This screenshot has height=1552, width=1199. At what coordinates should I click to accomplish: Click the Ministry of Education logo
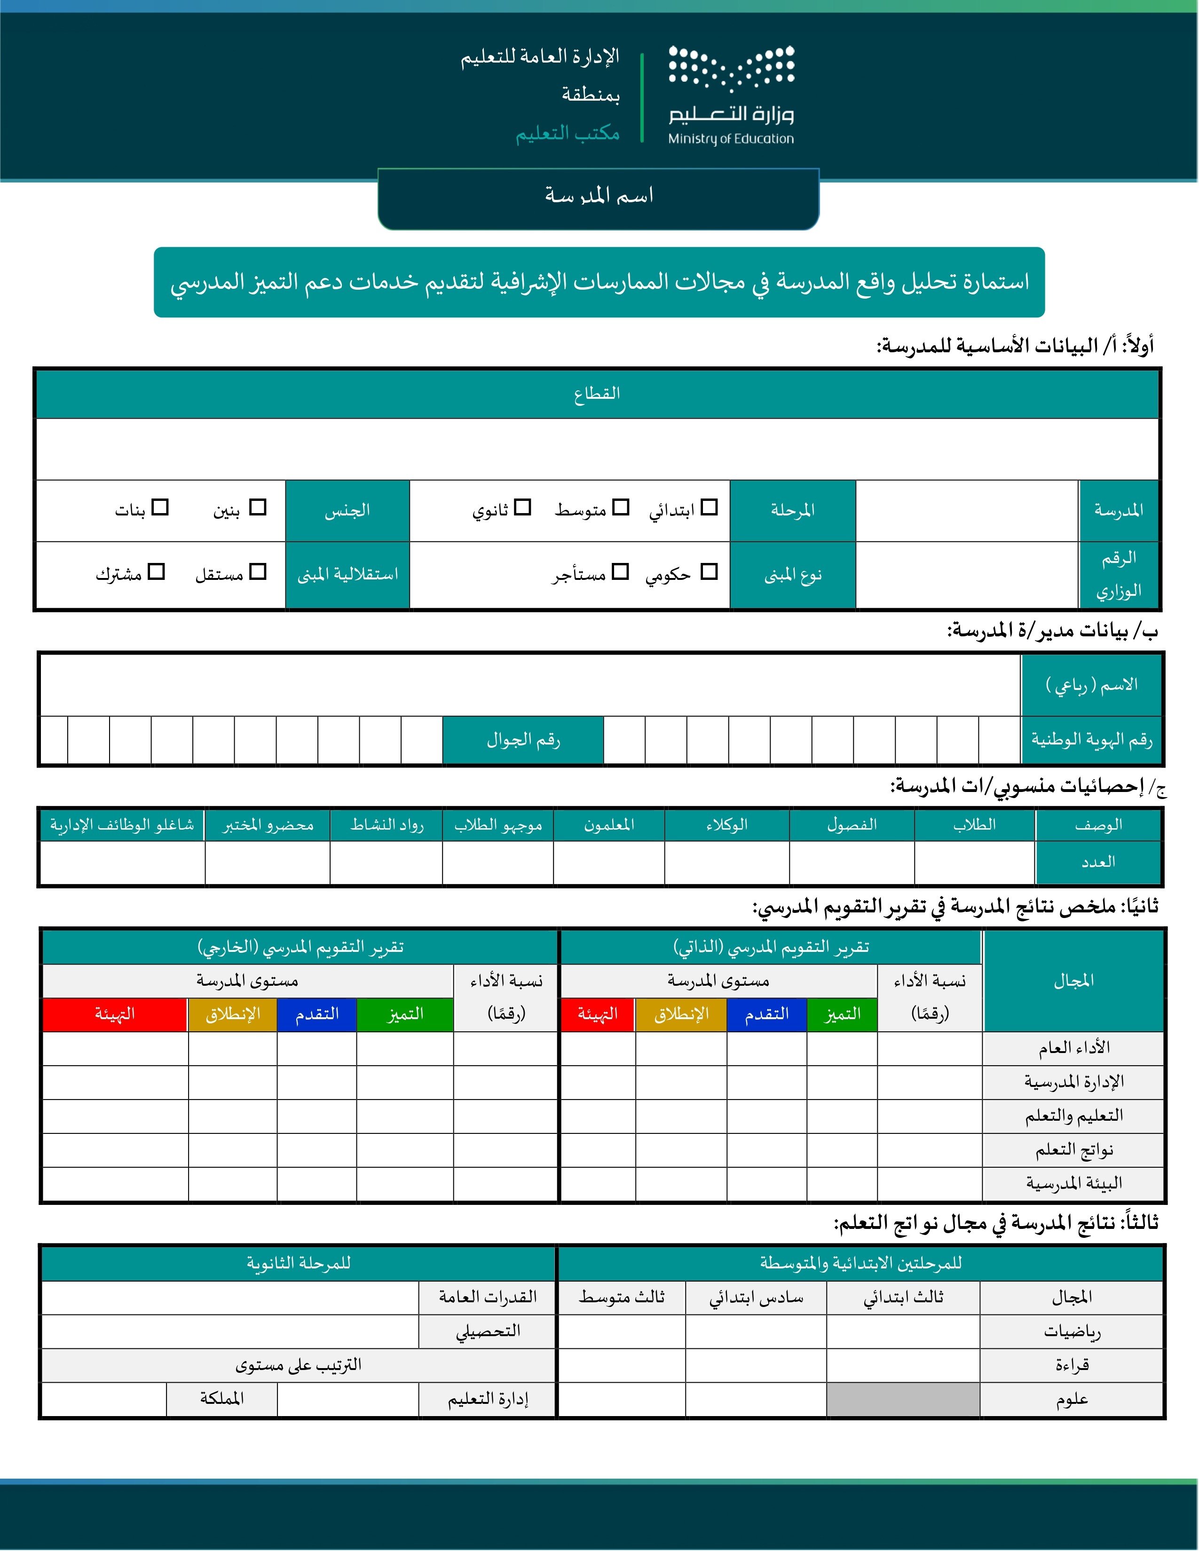pos(731,95)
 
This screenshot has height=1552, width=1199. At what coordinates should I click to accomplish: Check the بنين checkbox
pos(258,507)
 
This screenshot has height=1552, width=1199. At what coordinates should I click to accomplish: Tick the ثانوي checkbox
pos(523,507)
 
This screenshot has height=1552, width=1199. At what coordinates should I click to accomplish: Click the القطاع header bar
pos(597,394)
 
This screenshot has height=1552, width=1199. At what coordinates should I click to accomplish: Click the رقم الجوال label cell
pos(523,740)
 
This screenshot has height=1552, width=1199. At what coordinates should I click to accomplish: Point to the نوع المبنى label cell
pos(793,575)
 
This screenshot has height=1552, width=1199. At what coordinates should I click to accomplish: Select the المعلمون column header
pos(609,825)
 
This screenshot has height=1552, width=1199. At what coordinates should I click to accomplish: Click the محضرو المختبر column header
pos(268,825)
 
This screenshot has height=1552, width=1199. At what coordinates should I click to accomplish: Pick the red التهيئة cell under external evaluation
pos(115,1014)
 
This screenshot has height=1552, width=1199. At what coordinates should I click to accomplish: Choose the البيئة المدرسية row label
pos(1073,1183)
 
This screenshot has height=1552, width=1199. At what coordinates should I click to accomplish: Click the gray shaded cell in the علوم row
pos(903,1399)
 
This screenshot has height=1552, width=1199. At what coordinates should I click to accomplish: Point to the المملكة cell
pos(221,1399)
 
